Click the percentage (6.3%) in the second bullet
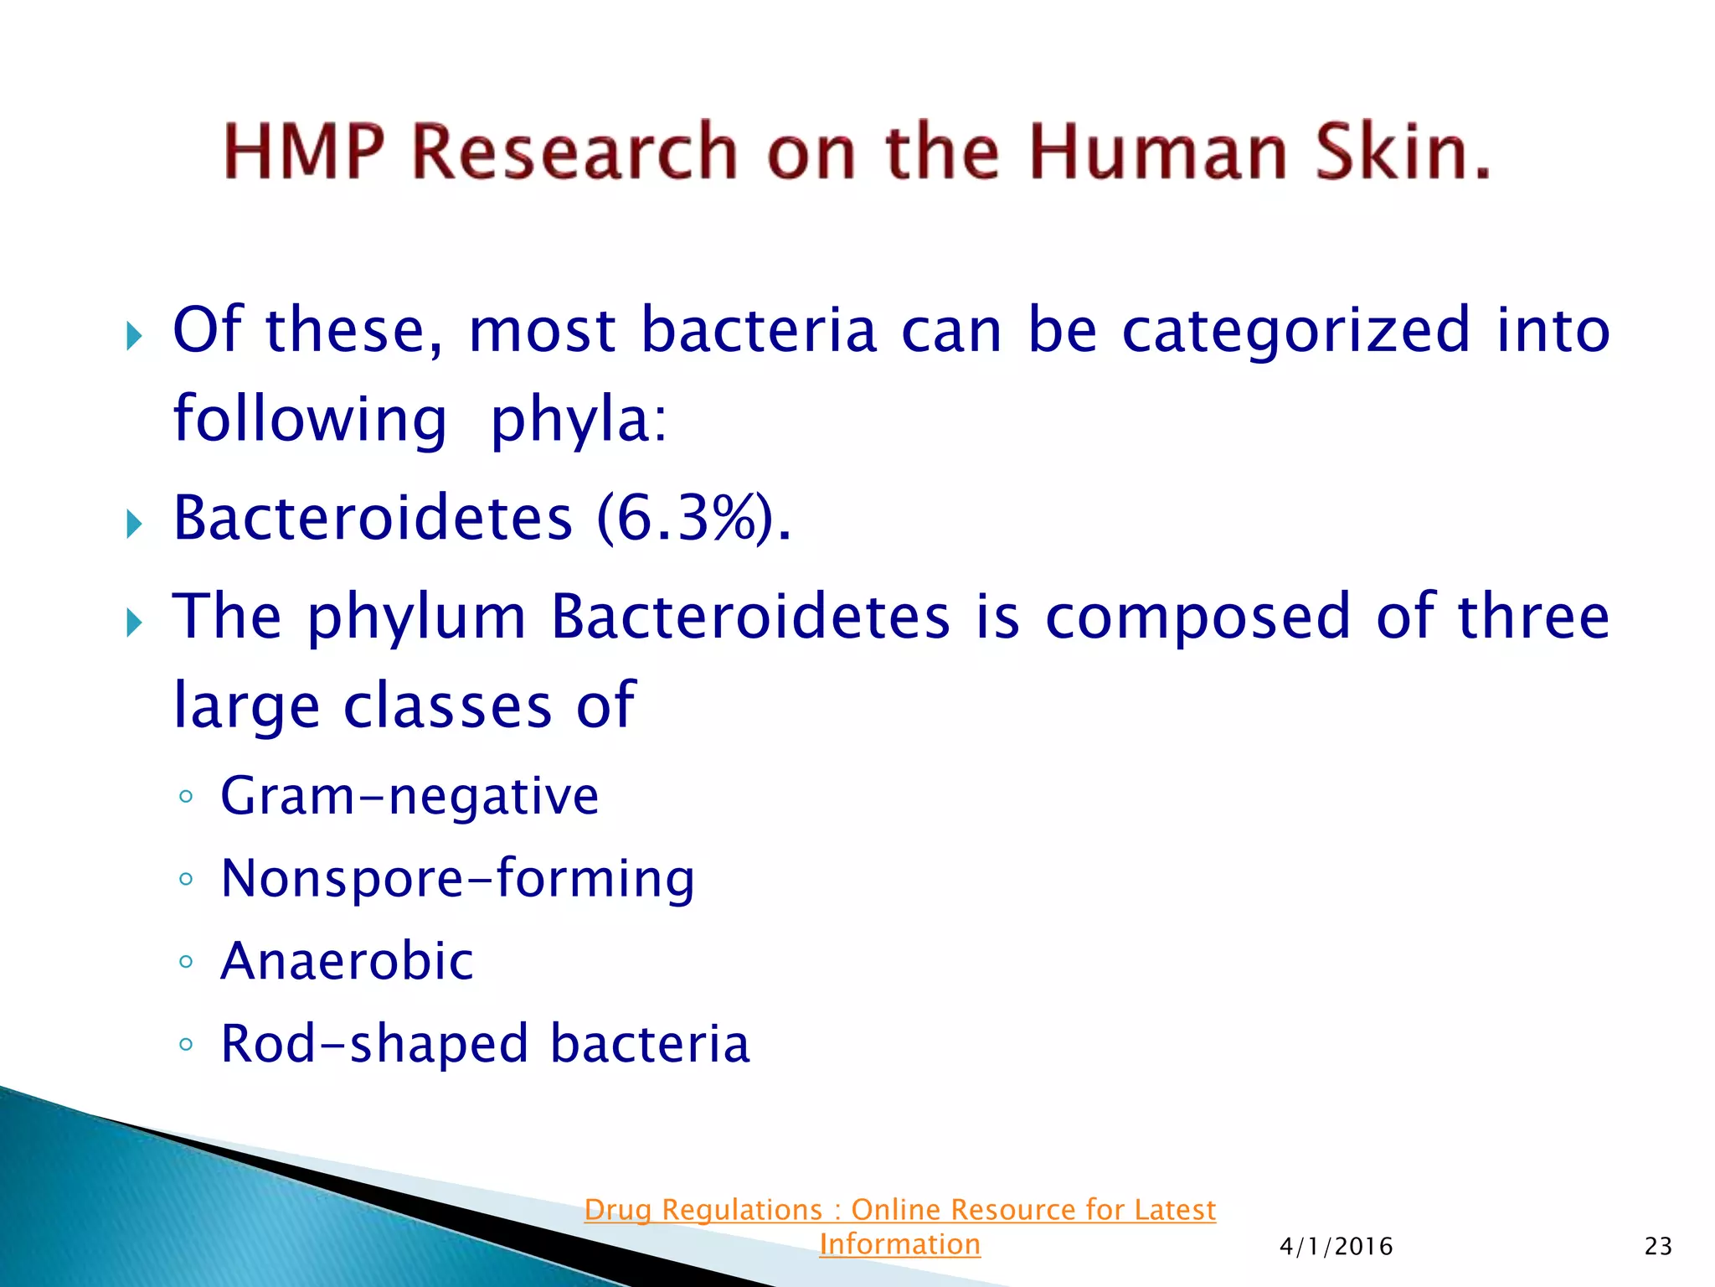693,519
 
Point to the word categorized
1295,331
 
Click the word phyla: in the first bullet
579,420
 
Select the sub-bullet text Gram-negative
409,796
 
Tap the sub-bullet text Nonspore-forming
457,879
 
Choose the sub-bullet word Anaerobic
347,961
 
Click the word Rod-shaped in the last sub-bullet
374,1045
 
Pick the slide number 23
1658,1247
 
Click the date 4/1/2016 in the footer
1336,1247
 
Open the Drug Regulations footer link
899,1210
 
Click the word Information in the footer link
899,1245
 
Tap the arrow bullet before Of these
134,338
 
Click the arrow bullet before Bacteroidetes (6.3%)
134,525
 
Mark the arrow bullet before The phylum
134,623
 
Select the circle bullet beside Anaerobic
186,961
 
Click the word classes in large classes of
448,706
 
